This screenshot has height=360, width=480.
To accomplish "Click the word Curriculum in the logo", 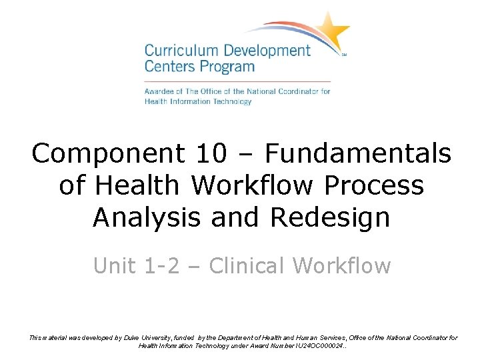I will click(x=179, y=51).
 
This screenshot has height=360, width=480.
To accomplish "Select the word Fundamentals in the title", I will click(x=358, y=154).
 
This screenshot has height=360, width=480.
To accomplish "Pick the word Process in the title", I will click(x=375, y=185).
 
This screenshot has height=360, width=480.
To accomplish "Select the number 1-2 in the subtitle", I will click(x=166, y=265).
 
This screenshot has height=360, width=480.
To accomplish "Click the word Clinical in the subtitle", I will click(x=247, y=265).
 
